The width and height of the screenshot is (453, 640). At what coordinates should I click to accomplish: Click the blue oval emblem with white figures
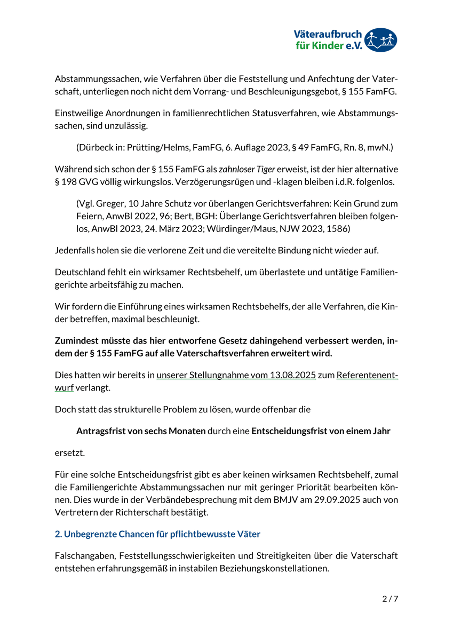(x=382, y=40)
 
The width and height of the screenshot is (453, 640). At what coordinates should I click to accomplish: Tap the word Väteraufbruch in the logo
(x=328, y=35)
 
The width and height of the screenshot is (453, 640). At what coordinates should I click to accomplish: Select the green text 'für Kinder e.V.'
(x=329, y=46)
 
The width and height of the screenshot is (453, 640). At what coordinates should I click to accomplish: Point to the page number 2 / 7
(x=390, y=599)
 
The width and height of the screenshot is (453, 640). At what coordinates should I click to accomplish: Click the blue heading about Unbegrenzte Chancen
(x=157, y=533)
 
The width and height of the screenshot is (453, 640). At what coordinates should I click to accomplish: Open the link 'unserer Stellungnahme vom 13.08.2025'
(x=236, y=375)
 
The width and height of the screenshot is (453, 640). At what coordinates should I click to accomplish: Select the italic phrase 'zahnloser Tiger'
(x=247, y=169)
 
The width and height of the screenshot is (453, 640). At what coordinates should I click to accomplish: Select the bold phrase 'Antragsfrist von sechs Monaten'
(x=141, y=431)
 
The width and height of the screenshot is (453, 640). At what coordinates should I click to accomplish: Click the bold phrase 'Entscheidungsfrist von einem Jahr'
(x=321, y=431)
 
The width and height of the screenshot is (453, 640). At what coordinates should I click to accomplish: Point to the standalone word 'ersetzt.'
(x=70, y=453)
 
